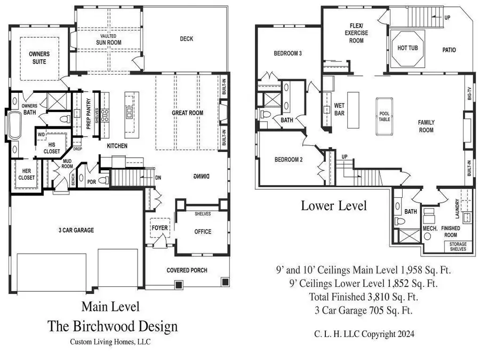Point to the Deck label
(186, 38)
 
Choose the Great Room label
(187, 113)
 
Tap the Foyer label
(159, 228)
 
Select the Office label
(202, 231)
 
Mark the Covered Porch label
(186, 270)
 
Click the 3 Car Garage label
(76, 230)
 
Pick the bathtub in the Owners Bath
(14, 128)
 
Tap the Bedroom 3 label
(288, 53)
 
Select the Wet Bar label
(340, 109)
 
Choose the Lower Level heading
(334, 206)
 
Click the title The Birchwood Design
(113, 326)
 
